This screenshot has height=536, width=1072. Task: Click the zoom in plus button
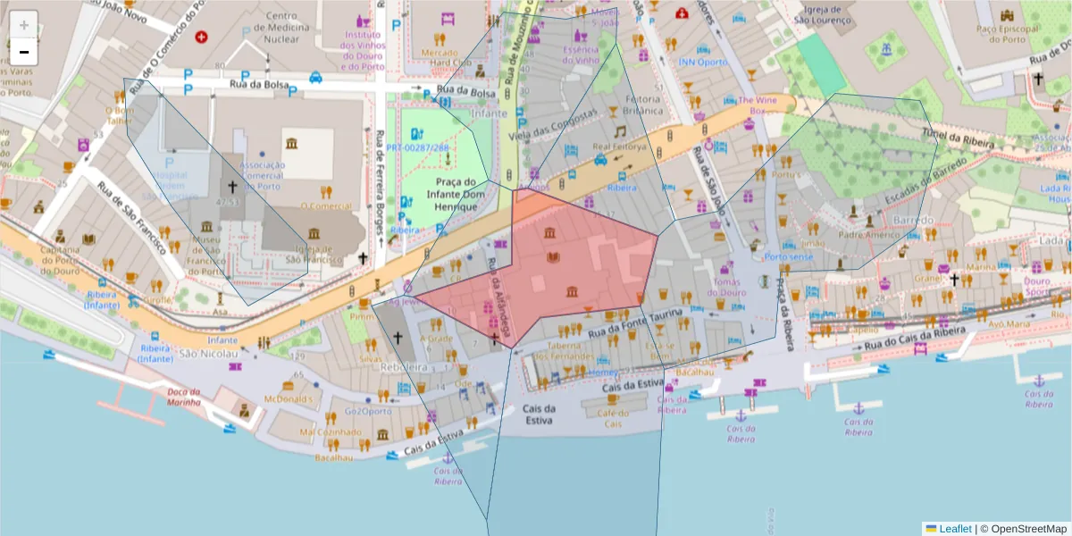pos(24,25)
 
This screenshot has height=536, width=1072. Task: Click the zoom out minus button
pos(24,52)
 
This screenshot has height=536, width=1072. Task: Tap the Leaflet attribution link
pos(955,529)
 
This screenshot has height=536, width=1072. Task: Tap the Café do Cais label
pos(613,418)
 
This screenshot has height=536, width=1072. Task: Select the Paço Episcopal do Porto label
pos(1009,35)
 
